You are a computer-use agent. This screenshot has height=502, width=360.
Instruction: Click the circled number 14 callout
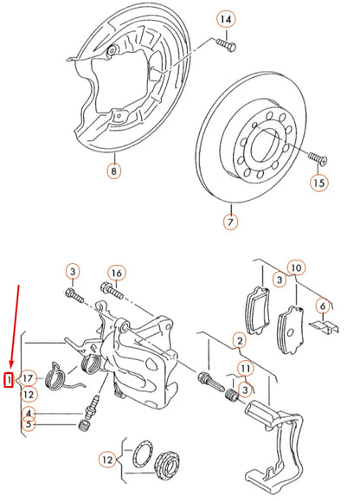tap(225, 19)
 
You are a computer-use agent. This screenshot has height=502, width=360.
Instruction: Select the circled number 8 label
tap(114, 171)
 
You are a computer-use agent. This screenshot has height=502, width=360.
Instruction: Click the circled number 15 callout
tap(319, 183)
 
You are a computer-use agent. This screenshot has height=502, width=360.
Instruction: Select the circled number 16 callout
tap(117, 274)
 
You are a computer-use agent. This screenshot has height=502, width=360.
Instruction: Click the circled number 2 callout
tap(239, 343)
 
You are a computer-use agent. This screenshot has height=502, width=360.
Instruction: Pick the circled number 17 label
tap(28, 379)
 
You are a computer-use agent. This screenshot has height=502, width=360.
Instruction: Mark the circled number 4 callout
tap(29, 413)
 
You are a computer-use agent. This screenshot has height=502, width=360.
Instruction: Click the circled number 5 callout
tap(29, 424)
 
